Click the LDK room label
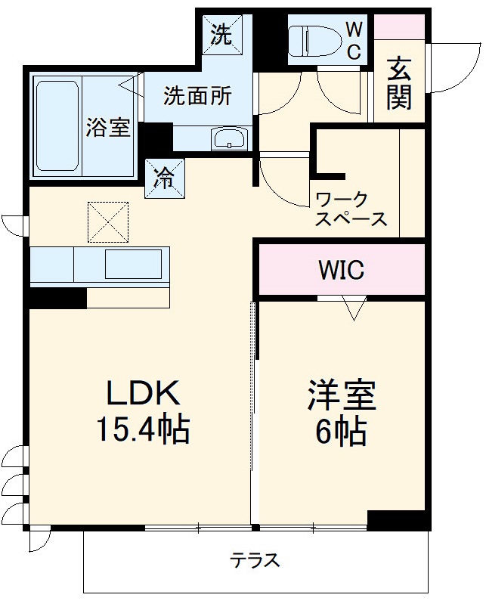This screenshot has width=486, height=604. click(x=142, y=393)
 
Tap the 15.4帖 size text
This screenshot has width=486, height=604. click(x=142, y=430)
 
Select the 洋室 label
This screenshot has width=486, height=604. click(x=341, y=394)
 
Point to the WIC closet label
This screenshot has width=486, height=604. click(x=341, y=269)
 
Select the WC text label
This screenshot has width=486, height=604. click(x=354, y=39)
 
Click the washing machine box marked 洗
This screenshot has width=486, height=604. click(x=221, y=35)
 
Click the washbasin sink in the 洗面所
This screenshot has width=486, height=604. click(x=229, y=138)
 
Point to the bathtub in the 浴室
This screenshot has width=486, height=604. click(x=57, y=123)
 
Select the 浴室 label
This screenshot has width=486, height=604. click(x=108, y=126)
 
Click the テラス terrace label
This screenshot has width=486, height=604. click(x=255, y=560)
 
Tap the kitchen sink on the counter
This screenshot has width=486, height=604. click(x=133, y=265)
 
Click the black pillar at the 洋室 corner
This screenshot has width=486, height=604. click(x=397, y=520)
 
